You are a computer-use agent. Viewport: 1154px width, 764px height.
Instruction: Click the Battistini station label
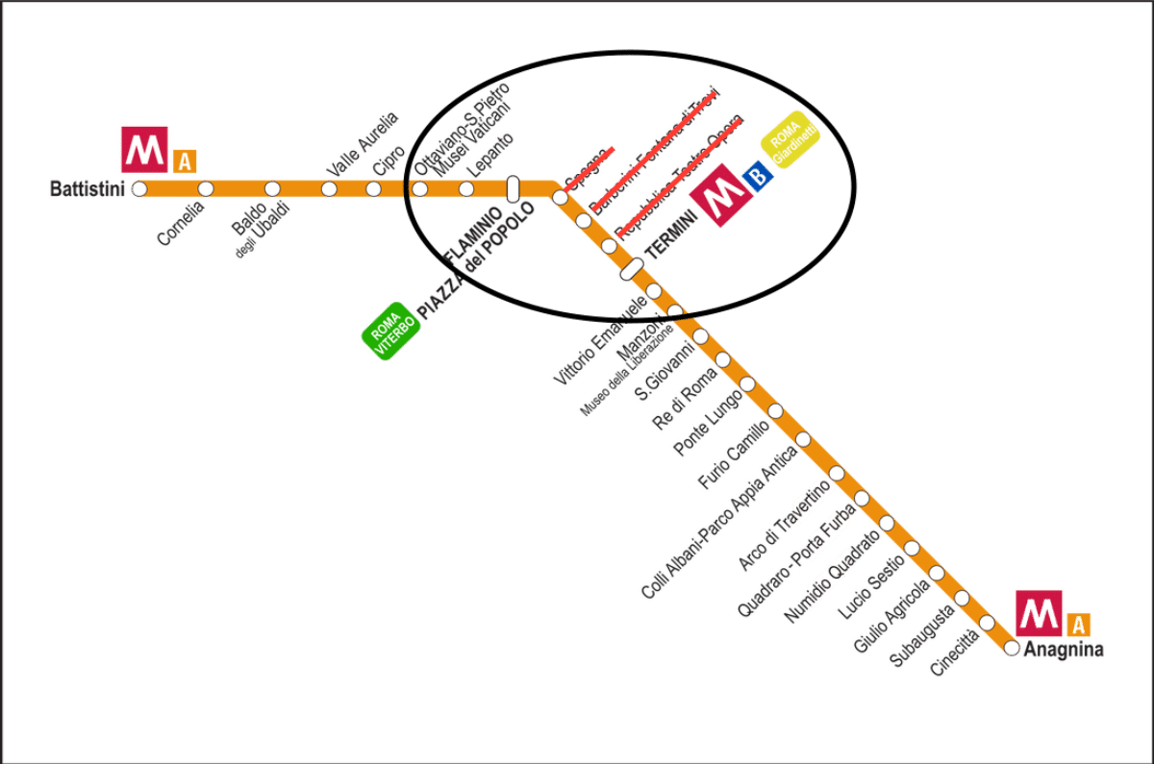pyautogui.click(x=87, y=188)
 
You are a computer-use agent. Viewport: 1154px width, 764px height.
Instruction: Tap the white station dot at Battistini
pyautogui.click(x=140, y=188)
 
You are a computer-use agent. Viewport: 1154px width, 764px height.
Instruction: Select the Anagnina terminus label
pyautogui.click(x=1063, y=650)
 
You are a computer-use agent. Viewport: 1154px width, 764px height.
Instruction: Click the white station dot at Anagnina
pyautogui.click(x=1011, y=648)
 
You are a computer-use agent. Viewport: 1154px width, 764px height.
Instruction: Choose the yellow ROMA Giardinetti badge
pyautogui.click(x=791, y=141)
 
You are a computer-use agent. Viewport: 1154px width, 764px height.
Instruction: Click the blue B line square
pyautogui.click(x=760, y=176)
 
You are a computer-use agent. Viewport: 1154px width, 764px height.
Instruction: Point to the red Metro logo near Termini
pyautogui.click(x=717, y=195)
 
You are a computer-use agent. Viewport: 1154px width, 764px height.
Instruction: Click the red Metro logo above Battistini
pyautogui.click(x=144, y=149)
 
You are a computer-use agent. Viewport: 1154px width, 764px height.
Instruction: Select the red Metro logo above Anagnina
pyautogui.click(x=1040, y=613)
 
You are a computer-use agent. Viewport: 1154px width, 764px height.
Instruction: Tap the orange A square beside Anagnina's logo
pyautogui.click(x=1079, y=625)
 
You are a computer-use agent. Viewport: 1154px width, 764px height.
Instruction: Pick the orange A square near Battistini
pyautogui.click(x=185, y=161)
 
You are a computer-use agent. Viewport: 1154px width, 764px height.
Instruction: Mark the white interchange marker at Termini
pyautogui.click(x=632, y=270)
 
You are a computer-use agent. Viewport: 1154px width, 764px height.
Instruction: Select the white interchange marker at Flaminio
pyautogui.click(x=513, y=188)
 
